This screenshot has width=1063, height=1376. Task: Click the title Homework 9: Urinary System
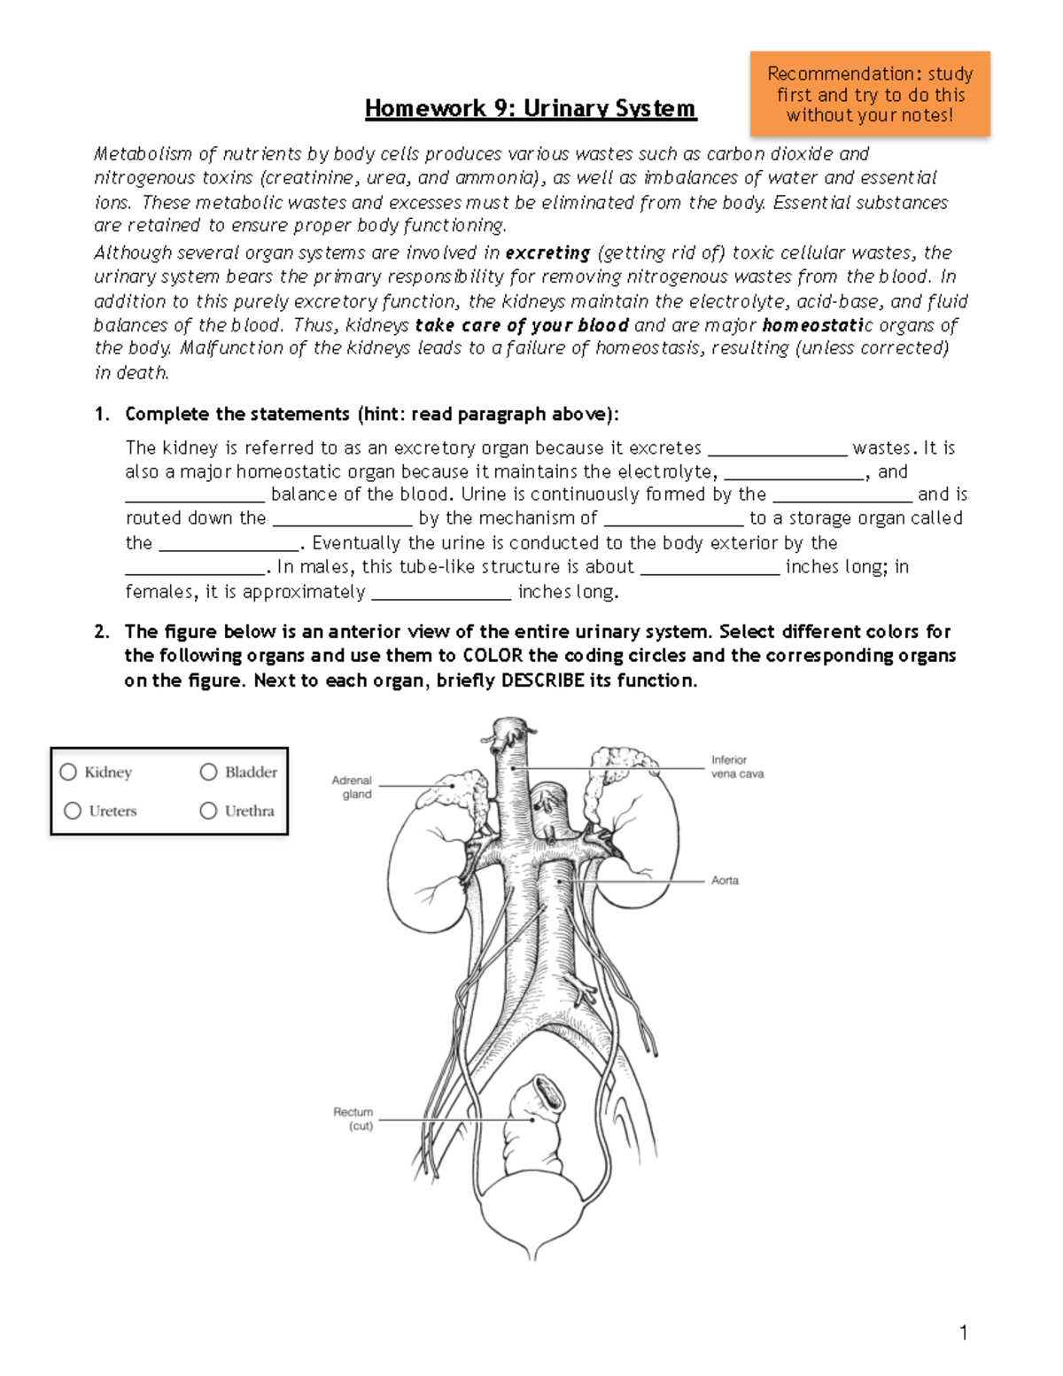click(x=531, y=109)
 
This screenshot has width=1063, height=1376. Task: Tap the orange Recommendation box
click(x=869, y=94)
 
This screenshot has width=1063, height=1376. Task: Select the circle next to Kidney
click(x=68, y=773)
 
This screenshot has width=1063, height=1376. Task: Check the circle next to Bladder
click(x=209, y=773)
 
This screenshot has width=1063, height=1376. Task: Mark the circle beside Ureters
click(x=73, y=811)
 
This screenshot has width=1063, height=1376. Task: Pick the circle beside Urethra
click(x=209, y=811)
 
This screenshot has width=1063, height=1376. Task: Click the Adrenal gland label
click(x=353, y=787)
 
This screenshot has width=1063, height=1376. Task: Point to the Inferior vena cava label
click(x=736, y=766)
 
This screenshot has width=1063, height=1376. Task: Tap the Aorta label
click(x=725, y=881)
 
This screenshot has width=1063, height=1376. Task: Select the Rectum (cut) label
click(x=353, y=1118)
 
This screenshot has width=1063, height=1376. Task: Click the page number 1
click(x=963, y=1333)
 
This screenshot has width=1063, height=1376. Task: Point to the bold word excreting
click(x=547, y=253)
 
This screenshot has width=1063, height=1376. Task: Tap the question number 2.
click(x=102, y=632)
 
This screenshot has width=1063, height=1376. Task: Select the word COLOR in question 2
click(x=493, y=656)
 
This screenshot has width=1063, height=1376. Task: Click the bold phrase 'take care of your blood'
click(x=522, y=325)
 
